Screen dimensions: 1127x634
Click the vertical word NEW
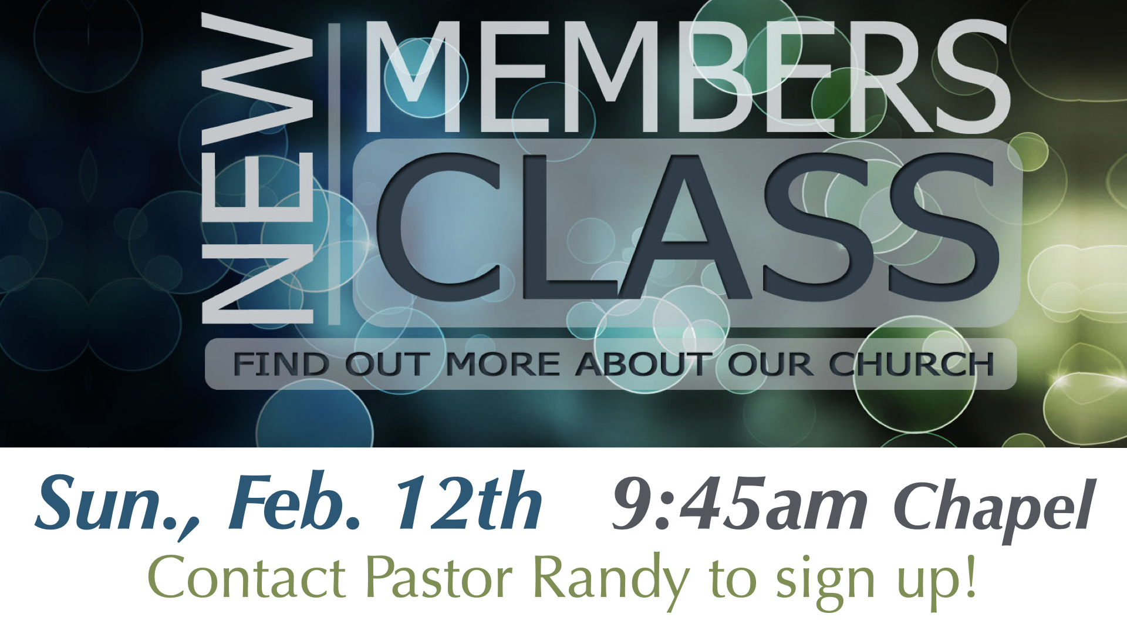pyautogui.click(x=257, y=168)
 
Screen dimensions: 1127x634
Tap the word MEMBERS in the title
pyautogui.click(x=686, y=76)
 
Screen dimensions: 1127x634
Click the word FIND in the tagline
pyautogui.click(x=281, y=364)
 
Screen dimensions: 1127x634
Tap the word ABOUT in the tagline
pyautogui.click(x=643, y=364)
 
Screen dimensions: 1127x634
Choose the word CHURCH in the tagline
pyautogui.click(x=911, y=364)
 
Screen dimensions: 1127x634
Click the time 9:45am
pyautogui.click(x=740, y=503)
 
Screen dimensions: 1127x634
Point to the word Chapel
pyautogui.click(x=994, y=508)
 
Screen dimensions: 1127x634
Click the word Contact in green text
pyautogui.click(x=247, y=578)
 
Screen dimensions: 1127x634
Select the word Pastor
pyautogui.click(x=439, y=578)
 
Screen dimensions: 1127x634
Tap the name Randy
pyautogui.click(x=610, y=581)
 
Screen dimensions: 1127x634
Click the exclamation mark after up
pyautogui.click(x=970, y=575)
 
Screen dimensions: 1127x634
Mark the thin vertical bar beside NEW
pyautogui.click(x=334, y=174)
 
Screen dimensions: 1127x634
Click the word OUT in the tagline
pyautogui.click(x=387, y=364)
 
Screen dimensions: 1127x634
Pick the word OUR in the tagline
pyautogui.click(x=770, y=364)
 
